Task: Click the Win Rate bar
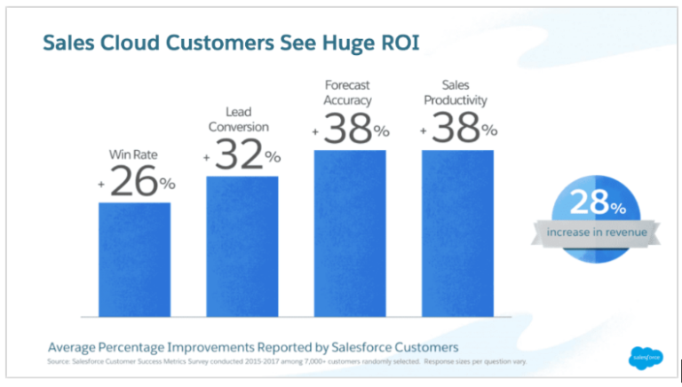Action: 134,259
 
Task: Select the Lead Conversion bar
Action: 242,246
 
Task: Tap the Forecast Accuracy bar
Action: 350,233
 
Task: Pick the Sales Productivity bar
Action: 457,233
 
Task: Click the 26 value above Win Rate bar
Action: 134,183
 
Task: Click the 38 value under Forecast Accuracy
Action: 347,130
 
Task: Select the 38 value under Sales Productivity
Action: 455,130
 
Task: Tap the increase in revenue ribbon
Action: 591,233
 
